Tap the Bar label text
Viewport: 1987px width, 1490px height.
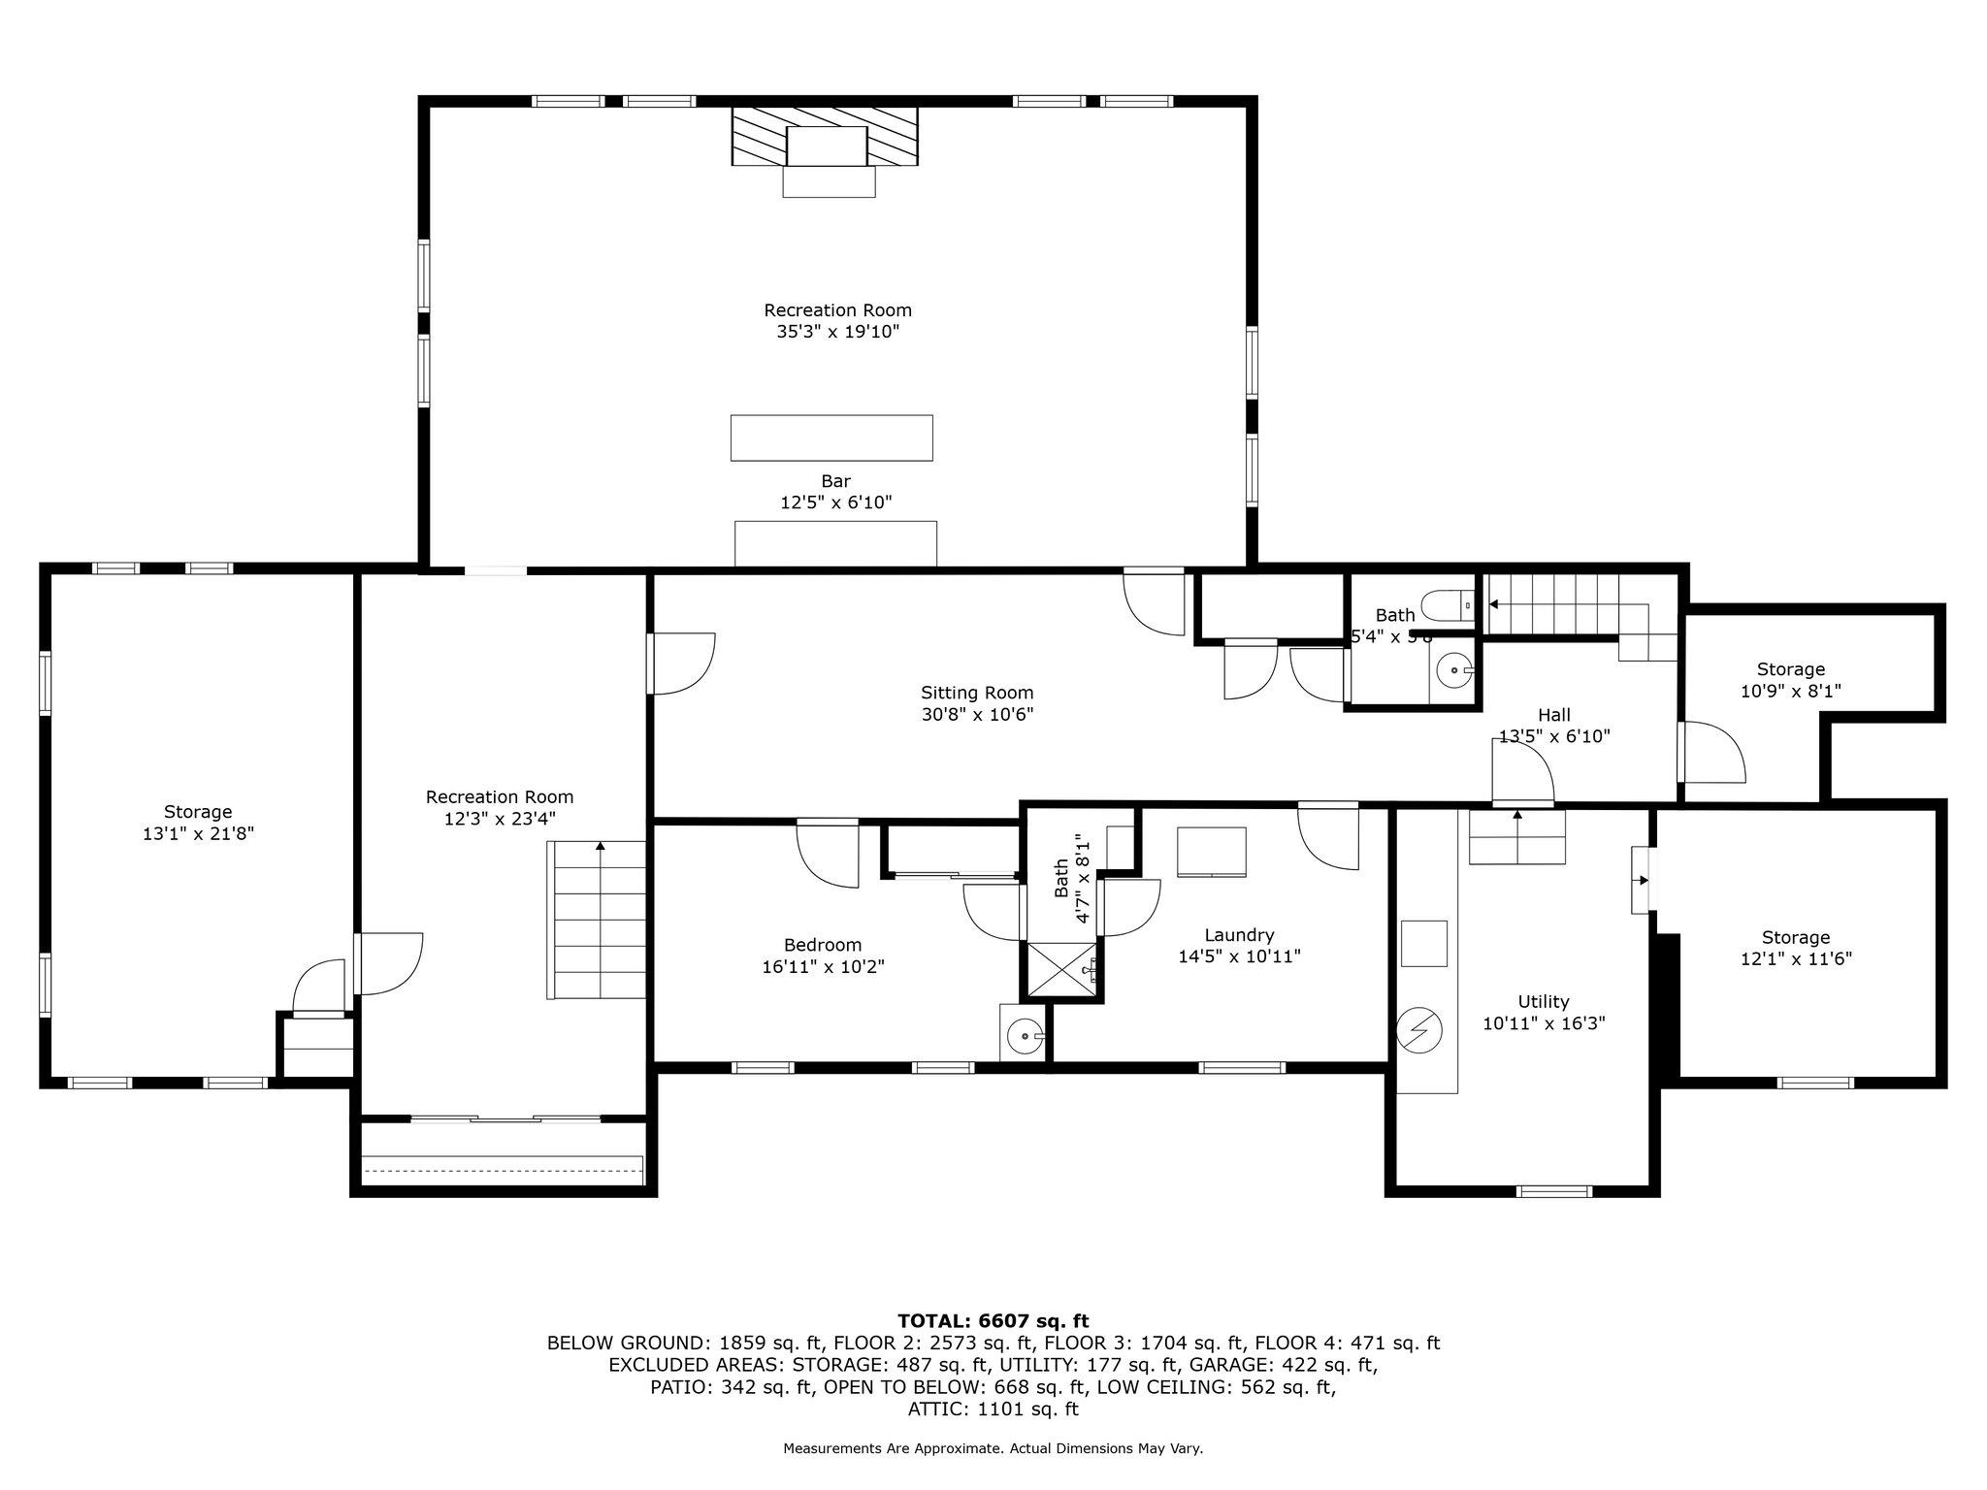(x=835, y=481)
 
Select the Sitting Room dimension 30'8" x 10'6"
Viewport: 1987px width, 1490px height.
(x=977, y=714)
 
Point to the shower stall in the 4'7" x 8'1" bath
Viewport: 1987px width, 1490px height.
(x=1063, y=969)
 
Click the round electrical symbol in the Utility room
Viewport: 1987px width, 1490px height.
(x=1420, y=1029)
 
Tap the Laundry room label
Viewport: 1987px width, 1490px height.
(x=1239, y=935)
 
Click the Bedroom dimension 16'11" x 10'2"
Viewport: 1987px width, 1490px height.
(x=823, y=966)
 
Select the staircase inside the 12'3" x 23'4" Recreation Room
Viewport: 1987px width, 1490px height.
(x=598, y=920)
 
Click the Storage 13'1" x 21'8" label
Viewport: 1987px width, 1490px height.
(x=198, y=812)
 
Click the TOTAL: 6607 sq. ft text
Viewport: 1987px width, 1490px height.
(x=993, y=1320)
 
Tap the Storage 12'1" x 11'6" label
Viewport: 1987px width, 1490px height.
(x=1795, y=937)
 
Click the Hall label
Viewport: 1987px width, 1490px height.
(x=1553, y=715)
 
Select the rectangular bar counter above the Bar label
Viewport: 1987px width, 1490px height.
(x=831, y=437)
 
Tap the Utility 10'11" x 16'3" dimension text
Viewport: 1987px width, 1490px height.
(x=1544, y=1022)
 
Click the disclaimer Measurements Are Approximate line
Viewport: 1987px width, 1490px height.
(x=993, y=1448)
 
